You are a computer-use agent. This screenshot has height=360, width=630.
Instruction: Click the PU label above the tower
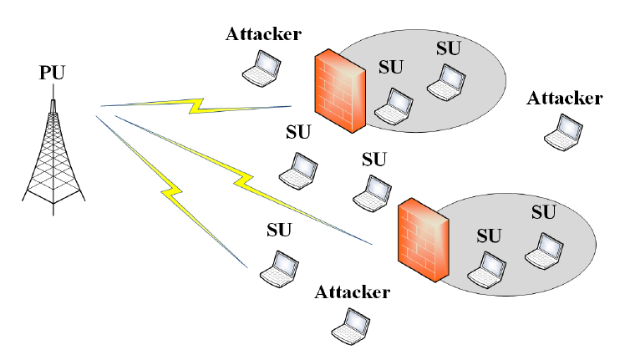tap(51, 74)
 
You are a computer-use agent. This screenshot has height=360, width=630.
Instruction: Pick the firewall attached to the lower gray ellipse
tap(424, 238)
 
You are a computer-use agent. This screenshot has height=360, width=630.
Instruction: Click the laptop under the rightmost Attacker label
tap(562, 132)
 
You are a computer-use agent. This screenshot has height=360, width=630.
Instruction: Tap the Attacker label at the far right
tap(565, 99)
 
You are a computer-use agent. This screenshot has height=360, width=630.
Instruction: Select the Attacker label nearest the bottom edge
tap(353, 292)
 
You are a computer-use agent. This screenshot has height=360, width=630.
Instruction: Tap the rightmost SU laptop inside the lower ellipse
tap(543, 249)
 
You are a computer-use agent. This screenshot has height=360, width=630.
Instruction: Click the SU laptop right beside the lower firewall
tap(486, 264)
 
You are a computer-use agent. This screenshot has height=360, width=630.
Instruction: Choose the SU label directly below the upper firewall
tap(297, 132)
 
